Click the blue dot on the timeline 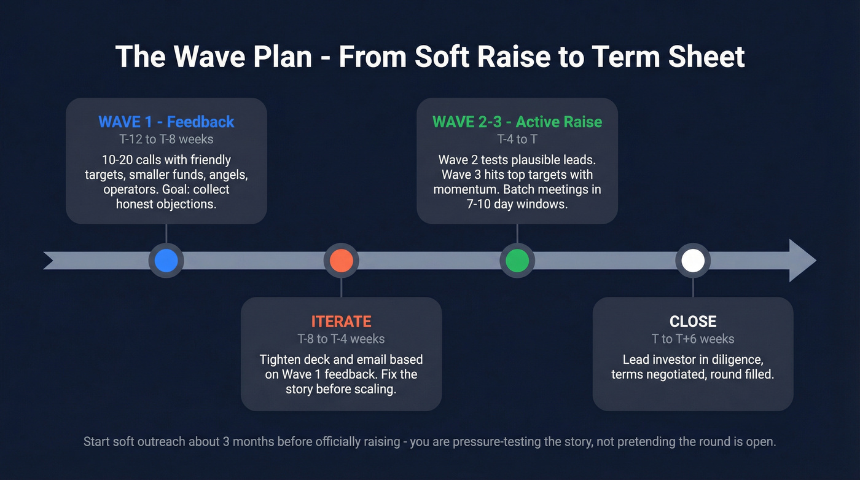click(166, 261)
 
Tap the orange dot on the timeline click(341, 261)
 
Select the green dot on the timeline click(517, 261)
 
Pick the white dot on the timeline click(692, 261)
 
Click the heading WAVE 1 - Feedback click(166, 122)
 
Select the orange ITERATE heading click(341, 321)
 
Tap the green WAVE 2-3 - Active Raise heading click(517, 122)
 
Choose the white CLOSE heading click(692, 321)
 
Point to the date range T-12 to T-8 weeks click(166, 140)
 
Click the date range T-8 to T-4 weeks click(341, 339)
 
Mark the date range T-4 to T click(517, 140)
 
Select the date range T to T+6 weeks click(692, 339)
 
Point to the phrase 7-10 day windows click(517, 204)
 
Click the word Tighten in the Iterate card click(281, 360)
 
